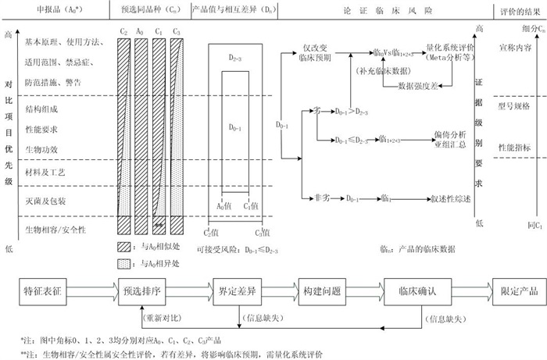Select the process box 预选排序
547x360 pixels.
142,290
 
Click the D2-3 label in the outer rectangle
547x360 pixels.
238,57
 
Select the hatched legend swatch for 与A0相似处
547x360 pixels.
124,246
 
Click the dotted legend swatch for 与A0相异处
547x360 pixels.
124,262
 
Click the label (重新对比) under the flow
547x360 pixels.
164,319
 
